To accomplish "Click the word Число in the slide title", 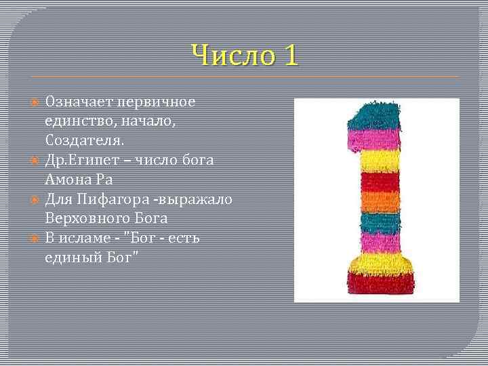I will (226, 56).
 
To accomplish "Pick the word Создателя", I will (85, 141).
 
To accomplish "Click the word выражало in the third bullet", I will (201, 200).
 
